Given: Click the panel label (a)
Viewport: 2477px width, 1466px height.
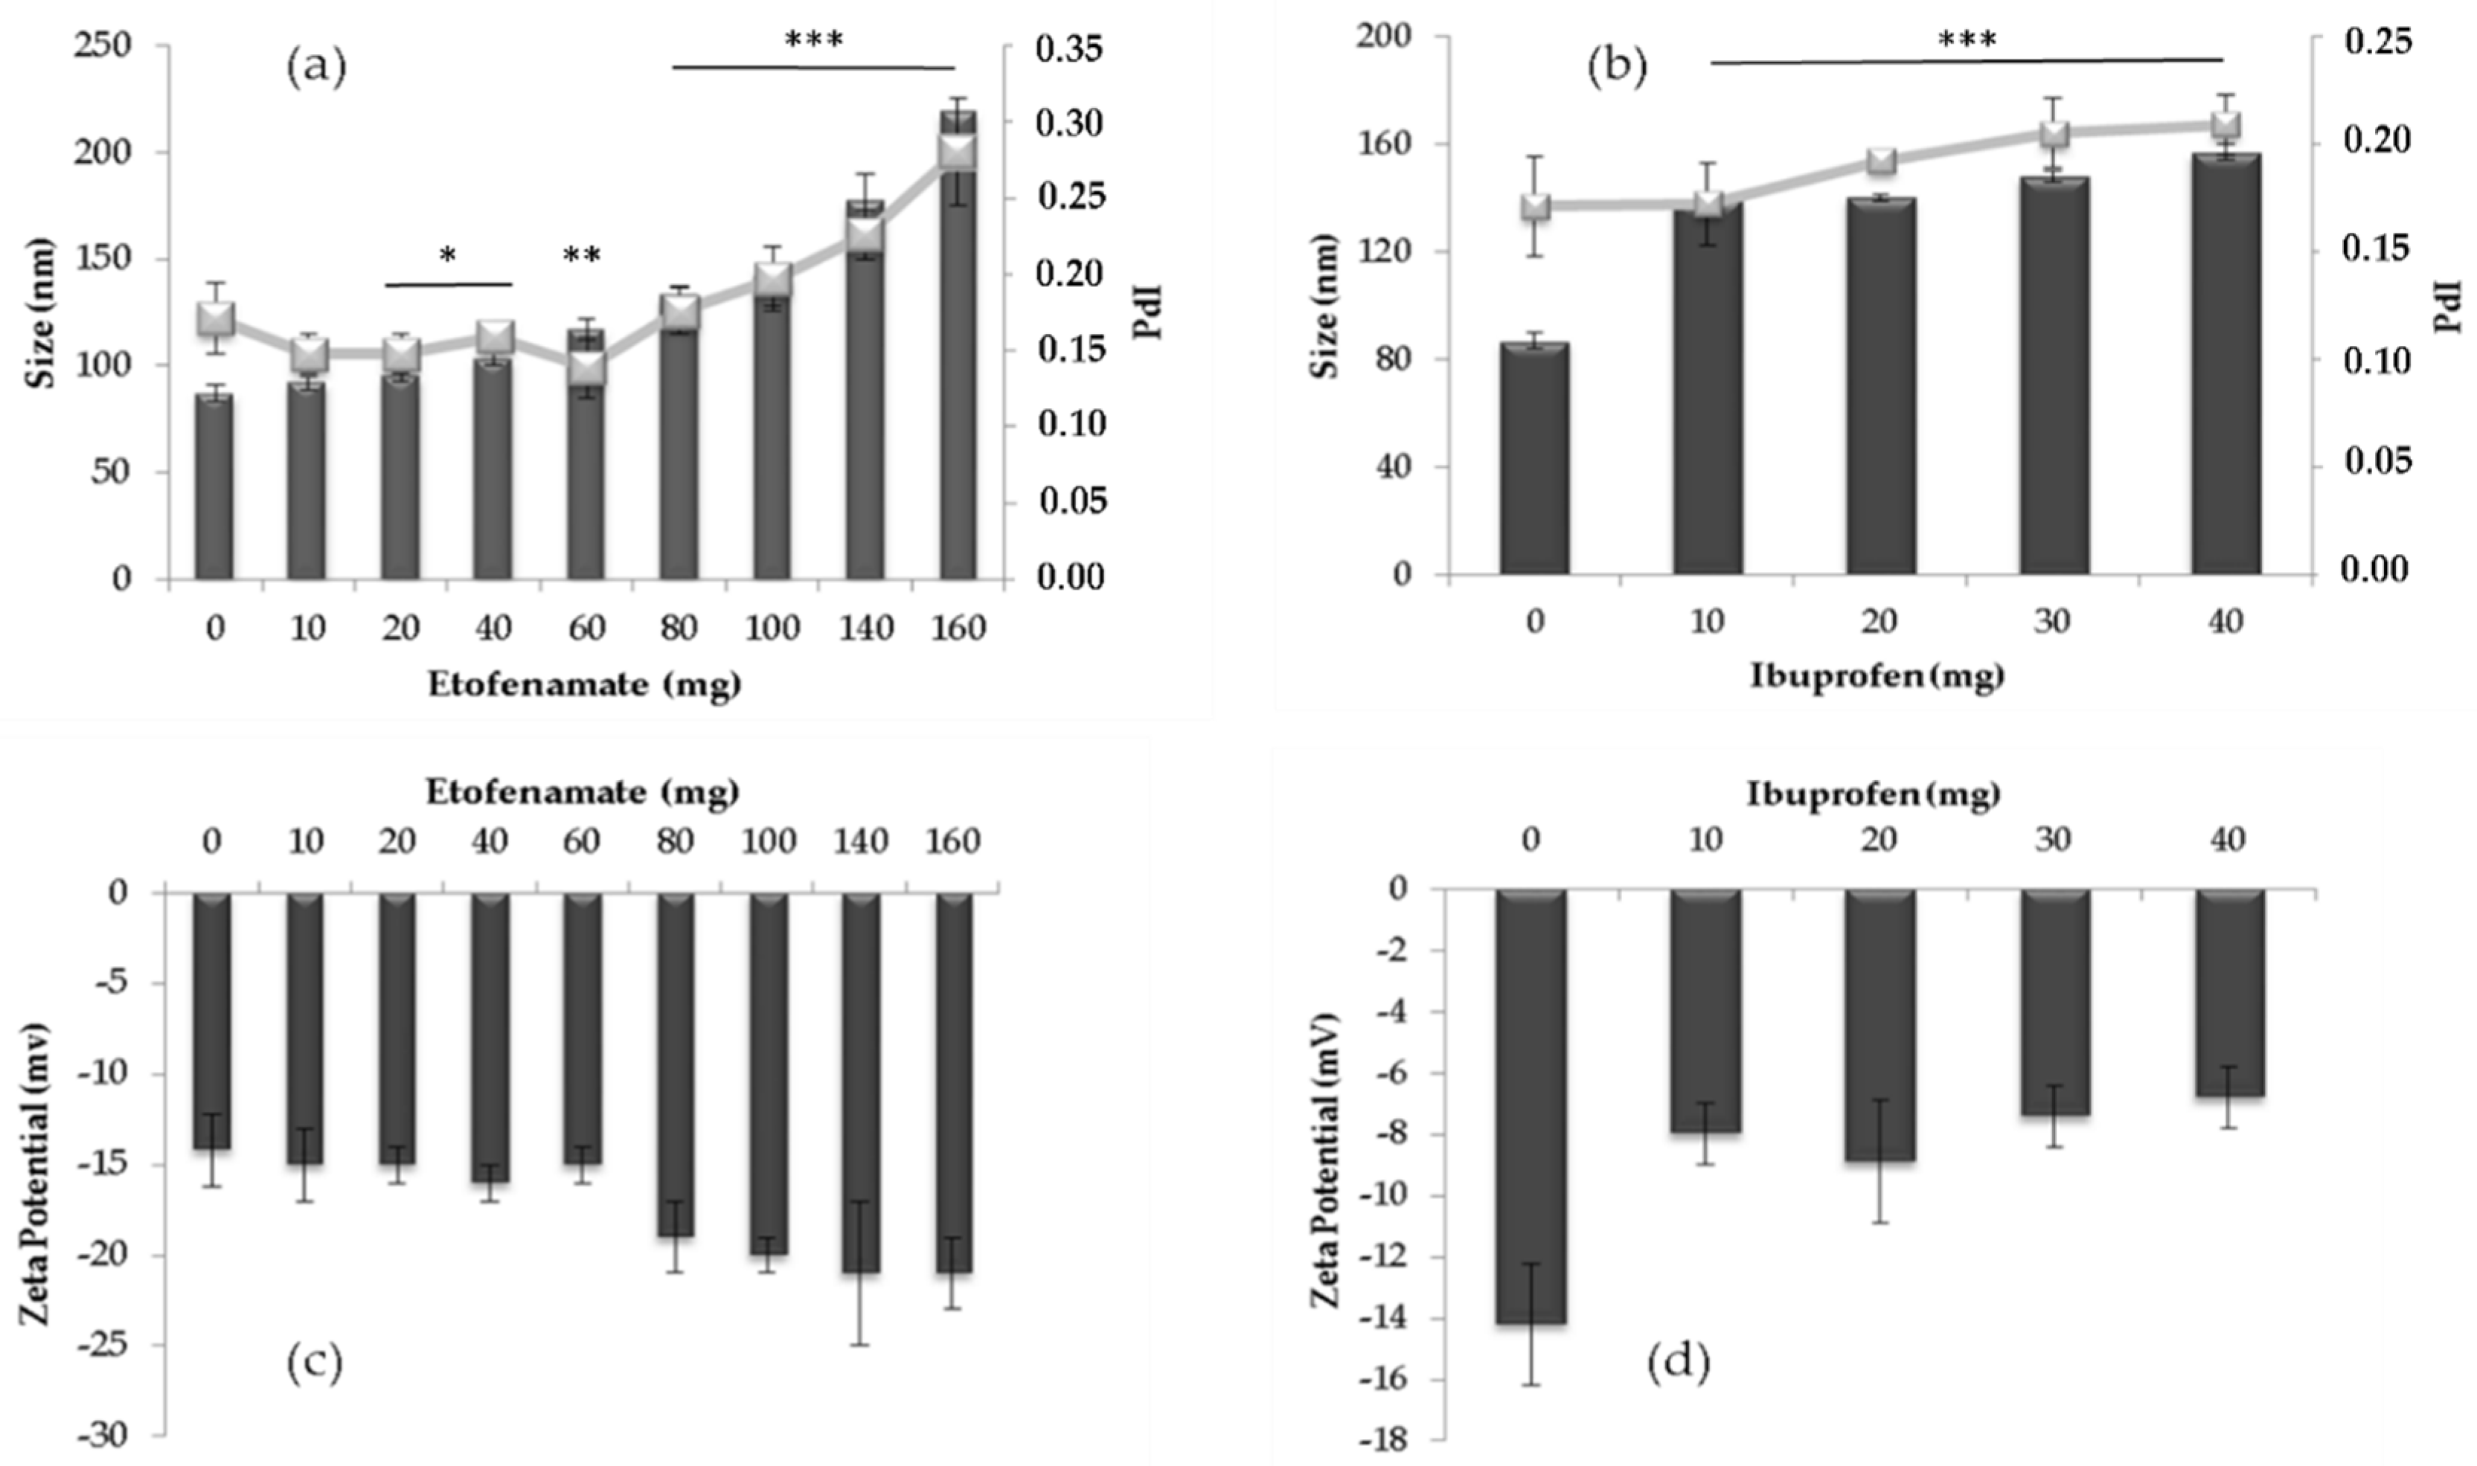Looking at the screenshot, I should [x=316, y=69].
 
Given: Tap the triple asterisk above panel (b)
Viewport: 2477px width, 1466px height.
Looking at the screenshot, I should [x=1966, y=39].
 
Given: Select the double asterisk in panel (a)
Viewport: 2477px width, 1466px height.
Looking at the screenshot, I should [x=582, y=256].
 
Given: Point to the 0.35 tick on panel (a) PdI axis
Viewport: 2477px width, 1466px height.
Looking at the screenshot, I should [x=1069, y=48].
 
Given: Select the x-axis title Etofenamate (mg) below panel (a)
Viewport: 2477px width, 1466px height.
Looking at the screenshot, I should [x=584, y=684].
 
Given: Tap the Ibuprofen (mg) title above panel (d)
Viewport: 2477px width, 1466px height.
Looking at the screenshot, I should [x=1874, y=794].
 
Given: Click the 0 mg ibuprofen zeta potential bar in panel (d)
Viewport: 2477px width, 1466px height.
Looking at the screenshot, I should [x=1531, y=1107].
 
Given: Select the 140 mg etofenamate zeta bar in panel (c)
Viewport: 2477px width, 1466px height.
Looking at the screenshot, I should [x=861, y=1081].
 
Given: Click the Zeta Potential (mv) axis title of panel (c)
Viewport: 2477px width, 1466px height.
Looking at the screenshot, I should [x=36, y=1161].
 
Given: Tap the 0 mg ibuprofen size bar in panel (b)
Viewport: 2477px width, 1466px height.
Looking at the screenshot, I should [x=1534, y=460].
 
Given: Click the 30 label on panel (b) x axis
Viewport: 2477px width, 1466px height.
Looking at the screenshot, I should [x=2052, y=621].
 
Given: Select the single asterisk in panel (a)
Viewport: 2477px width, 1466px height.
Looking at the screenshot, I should [x=448, y=257].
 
